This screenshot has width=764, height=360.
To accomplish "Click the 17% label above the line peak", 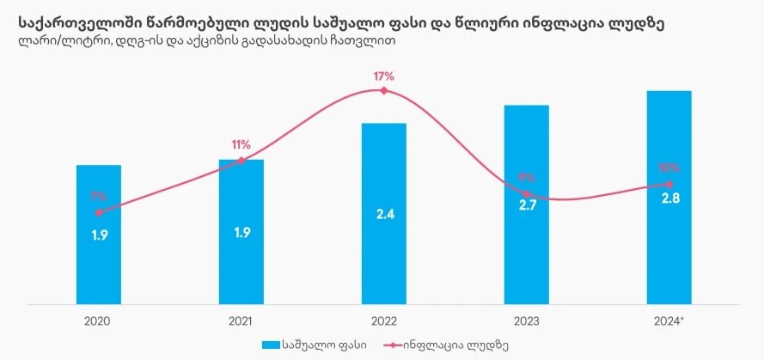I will (384, 76).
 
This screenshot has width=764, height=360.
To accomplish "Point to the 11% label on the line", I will (241, 144).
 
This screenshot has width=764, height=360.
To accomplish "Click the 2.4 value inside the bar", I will (384, 214).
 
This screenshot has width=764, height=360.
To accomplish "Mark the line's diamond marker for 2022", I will (384, 90).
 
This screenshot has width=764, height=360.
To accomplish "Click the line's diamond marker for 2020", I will (99, 212).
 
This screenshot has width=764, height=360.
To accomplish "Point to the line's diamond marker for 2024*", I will (669, 184).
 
